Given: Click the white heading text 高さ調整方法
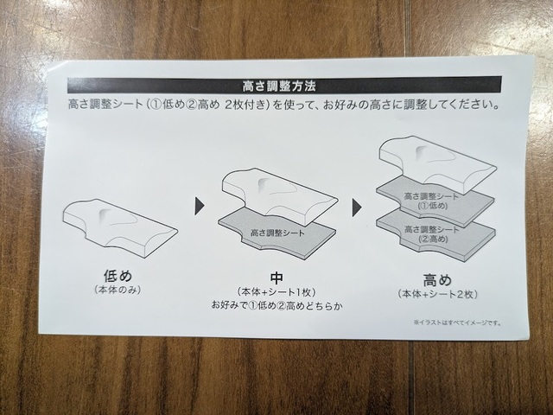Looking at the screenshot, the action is tap(278, 86).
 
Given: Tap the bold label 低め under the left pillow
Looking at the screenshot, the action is tap(118, 276).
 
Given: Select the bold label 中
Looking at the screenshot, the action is tap(276, 278).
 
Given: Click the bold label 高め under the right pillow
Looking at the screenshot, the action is tap(437, 280).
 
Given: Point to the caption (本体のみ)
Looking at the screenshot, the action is tap(118, 290).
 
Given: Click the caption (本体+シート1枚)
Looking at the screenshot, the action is tap(276, 292).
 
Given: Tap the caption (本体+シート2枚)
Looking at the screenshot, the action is tap(438, 294).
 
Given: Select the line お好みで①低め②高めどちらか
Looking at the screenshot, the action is tap(276, 305).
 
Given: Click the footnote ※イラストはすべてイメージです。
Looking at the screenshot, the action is tap(457, 322).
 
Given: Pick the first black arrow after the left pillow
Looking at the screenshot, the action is tap(200, 206).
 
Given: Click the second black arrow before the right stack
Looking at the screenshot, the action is tap(357, 208).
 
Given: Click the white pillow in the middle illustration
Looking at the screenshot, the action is tap(280, 196).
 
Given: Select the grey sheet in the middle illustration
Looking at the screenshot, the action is tap(277, 233).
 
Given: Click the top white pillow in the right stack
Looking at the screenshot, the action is tap(437, 164).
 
